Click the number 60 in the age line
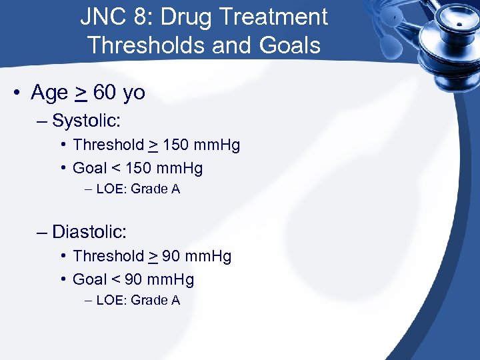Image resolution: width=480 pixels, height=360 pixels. click(x=105, y=93)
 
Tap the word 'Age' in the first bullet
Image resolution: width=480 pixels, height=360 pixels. click(x=49, y=93)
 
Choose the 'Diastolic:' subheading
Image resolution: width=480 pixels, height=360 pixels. click(x=89, y=232)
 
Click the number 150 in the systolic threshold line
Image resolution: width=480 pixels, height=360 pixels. click(x=175, y=145)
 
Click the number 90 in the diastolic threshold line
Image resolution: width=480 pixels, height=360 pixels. click(x=171, y=256)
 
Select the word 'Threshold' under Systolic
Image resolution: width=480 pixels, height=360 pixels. click(x=108, y=145)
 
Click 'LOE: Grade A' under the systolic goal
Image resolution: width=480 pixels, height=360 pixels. click(x=138, y=189)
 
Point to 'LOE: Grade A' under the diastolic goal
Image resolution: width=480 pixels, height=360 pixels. click(x=138, y=301)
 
